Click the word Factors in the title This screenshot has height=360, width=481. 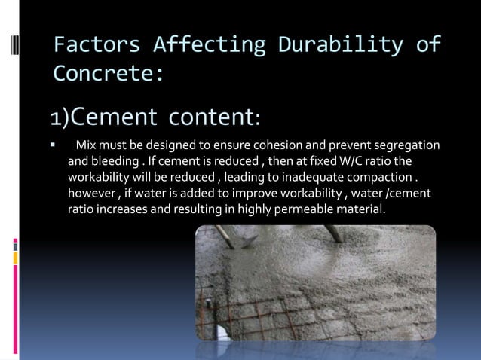click(97, 45)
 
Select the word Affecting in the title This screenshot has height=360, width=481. click(209, 45)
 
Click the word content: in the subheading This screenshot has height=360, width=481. click(215, 118)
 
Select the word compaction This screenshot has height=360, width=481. click(384, 178)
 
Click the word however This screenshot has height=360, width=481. click(90, 194)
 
